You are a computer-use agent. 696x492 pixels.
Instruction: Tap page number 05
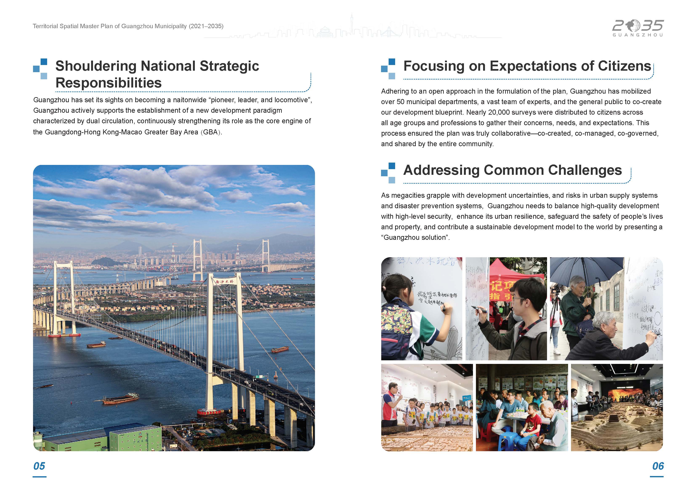pos(39,466)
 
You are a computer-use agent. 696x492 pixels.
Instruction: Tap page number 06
pos(658,466)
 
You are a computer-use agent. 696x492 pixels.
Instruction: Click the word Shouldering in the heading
pos(96,66)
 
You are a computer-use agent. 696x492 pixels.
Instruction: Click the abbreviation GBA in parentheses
pos(210,132)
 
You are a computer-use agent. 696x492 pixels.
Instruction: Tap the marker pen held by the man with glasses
pos(479,309)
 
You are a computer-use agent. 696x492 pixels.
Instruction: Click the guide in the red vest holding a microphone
pos(391,400)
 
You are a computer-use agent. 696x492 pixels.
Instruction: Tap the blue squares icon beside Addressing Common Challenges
pos(388,173)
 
